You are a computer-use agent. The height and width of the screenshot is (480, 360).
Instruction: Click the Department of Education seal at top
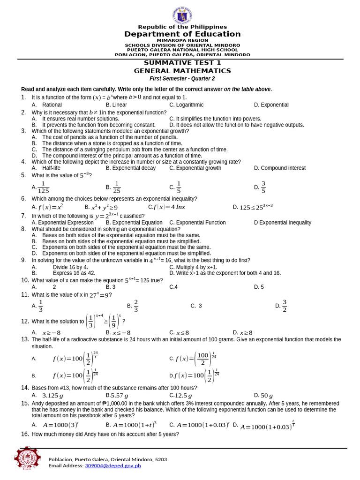[182, 15]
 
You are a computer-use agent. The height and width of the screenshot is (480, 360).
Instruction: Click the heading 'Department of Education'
[182, 34]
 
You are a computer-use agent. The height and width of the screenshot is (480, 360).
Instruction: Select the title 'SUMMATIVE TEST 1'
[182, 63]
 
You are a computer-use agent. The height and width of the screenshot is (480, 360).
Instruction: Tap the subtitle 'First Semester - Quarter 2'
[182, 79]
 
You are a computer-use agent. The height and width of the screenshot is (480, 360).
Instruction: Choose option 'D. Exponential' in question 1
[271, 105]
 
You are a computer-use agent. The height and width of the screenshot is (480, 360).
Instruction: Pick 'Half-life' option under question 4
[51, 168]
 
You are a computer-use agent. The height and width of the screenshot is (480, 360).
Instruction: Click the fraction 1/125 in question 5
[44, 187]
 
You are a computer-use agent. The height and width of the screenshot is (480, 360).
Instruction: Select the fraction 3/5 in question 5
[263, 187]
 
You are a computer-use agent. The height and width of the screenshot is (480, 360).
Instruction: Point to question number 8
[23, 229]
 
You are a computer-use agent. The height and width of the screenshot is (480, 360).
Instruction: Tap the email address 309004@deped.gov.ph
[112, 465]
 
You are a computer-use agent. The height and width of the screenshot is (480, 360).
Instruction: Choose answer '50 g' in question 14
[267, 396]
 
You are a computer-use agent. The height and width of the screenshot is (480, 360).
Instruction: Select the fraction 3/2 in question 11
[284, 306]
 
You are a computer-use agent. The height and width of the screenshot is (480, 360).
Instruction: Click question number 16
[25, 434]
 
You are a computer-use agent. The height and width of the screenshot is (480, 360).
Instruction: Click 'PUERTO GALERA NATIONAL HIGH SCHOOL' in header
[182, 50]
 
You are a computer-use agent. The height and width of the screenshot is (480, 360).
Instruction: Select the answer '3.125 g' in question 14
[52, 396]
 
